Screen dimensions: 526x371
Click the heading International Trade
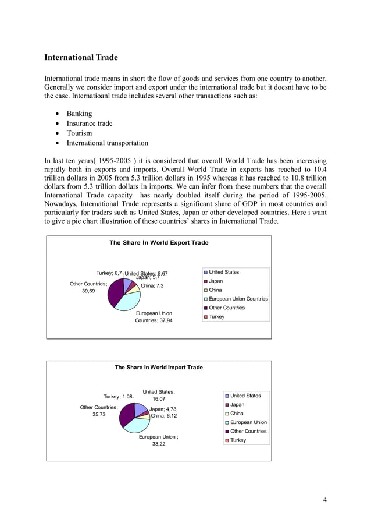coord(81,58)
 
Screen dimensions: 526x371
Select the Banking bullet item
coord(79,114)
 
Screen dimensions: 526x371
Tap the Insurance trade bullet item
coord(89,123)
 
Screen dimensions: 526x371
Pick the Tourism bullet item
coord(79,133)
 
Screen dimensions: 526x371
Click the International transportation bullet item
coord(107,143)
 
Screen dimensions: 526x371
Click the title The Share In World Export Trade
coord(159,243)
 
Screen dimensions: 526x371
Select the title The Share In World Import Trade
coord(159,368)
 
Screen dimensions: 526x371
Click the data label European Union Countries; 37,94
coord(154,317)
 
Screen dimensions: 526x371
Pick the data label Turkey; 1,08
coord(118,397)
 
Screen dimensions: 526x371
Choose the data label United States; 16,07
coord(159,396)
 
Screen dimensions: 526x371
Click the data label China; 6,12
coord(164,416)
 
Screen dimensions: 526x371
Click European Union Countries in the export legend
coord(238,299)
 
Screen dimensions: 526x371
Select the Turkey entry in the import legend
coord(238,440)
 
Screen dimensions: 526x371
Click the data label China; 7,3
coord(152,286)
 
